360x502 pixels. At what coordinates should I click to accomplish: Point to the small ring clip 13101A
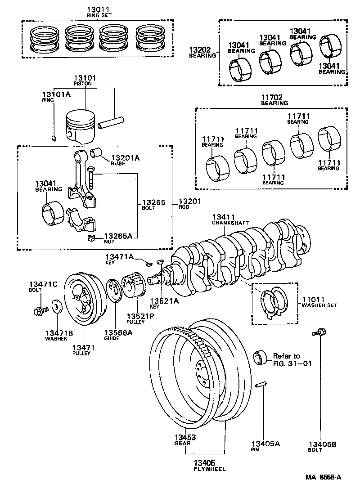pos(53,138)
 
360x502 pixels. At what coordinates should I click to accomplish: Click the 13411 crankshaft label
pos(224,217)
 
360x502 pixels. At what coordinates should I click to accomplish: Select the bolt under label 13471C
pos(38,310)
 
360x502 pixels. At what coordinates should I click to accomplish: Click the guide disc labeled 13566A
pos(115,292)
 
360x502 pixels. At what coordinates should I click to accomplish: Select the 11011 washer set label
pos(313,299)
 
